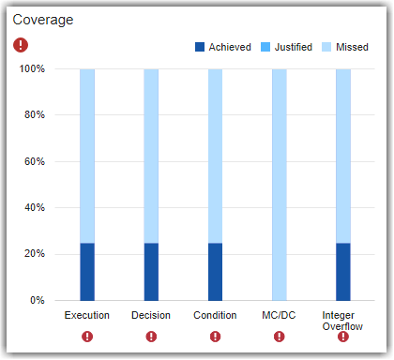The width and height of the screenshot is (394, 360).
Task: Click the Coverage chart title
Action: tap(43, 20)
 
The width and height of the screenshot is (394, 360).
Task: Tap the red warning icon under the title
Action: tap(21, 45)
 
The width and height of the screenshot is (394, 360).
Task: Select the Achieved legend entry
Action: tap(223, 47)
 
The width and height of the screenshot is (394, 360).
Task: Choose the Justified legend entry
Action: tap(282, 47)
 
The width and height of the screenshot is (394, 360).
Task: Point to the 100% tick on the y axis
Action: tap(32, 69)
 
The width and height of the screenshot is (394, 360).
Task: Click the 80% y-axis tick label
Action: tap(34, 115)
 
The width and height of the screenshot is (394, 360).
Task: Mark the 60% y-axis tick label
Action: tap(34, 161)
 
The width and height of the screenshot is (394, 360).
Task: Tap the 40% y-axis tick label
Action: tap(34, 207)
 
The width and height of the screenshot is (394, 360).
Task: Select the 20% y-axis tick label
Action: tap(34, 254)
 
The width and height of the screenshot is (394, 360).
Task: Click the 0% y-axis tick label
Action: tap(37, 300)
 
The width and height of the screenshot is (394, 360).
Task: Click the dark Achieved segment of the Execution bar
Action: tap(87, 272)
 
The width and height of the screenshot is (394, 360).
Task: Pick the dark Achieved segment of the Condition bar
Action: tap(215, 272)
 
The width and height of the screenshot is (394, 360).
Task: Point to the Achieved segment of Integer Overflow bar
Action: tap(343, 272)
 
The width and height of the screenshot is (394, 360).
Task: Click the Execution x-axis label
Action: tap(87, 315)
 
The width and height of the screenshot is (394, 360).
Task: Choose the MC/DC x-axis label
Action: tap(279, 315)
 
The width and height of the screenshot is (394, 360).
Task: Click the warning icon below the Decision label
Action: tap(151, 336)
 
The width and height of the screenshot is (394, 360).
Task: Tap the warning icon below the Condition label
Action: tap(215, 336)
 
